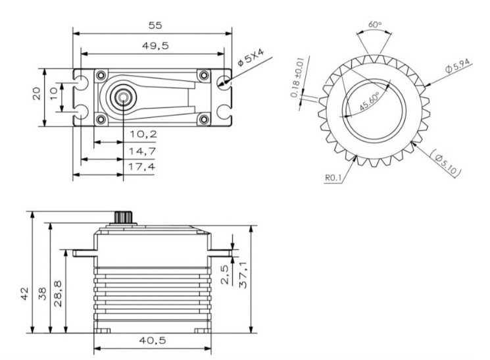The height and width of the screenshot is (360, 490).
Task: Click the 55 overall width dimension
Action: tap(155, 25)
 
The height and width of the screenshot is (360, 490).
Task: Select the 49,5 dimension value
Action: tap(155, 46)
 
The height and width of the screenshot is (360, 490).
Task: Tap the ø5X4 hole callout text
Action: tap(251, 57)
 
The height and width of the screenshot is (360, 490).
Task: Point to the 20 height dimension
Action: tap(37, 93)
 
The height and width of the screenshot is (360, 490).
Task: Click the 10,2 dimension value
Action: tap(143, 134)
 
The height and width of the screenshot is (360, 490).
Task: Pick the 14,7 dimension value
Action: tap(143, 151)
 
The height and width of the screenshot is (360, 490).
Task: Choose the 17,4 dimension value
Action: tap(142, 167)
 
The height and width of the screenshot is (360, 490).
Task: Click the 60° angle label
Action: tap(375, 24)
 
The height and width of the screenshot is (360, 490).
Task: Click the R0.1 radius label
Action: tap(333, 178)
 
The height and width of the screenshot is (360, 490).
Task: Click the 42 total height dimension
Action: tap(24, 294)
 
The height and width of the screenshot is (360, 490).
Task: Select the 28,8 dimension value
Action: tap(58, 294)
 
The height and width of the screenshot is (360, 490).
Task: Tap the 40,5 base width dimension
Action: tap(153, 340)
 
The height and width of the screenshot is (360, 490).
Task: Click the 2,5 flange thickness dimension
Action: tap(226, 274)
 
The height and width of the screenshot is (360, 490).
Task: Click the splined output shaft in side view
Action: tap(124, 217)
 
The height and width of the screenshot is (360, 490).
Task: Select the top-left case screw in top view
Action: tap(101, 76)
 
